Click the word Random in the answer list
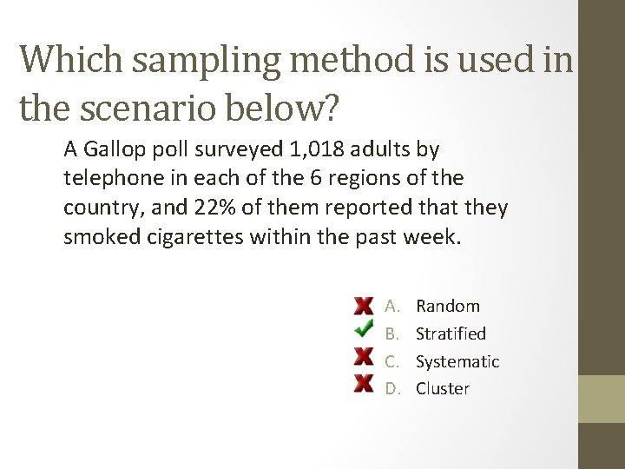447,306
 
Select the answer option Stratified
451,334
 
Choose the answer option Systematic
457,361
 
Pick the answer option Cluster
442,388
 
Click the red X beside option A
364,306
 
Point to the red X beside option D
364,384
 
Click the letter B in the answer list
391,334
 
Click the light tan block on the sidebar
602,399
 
